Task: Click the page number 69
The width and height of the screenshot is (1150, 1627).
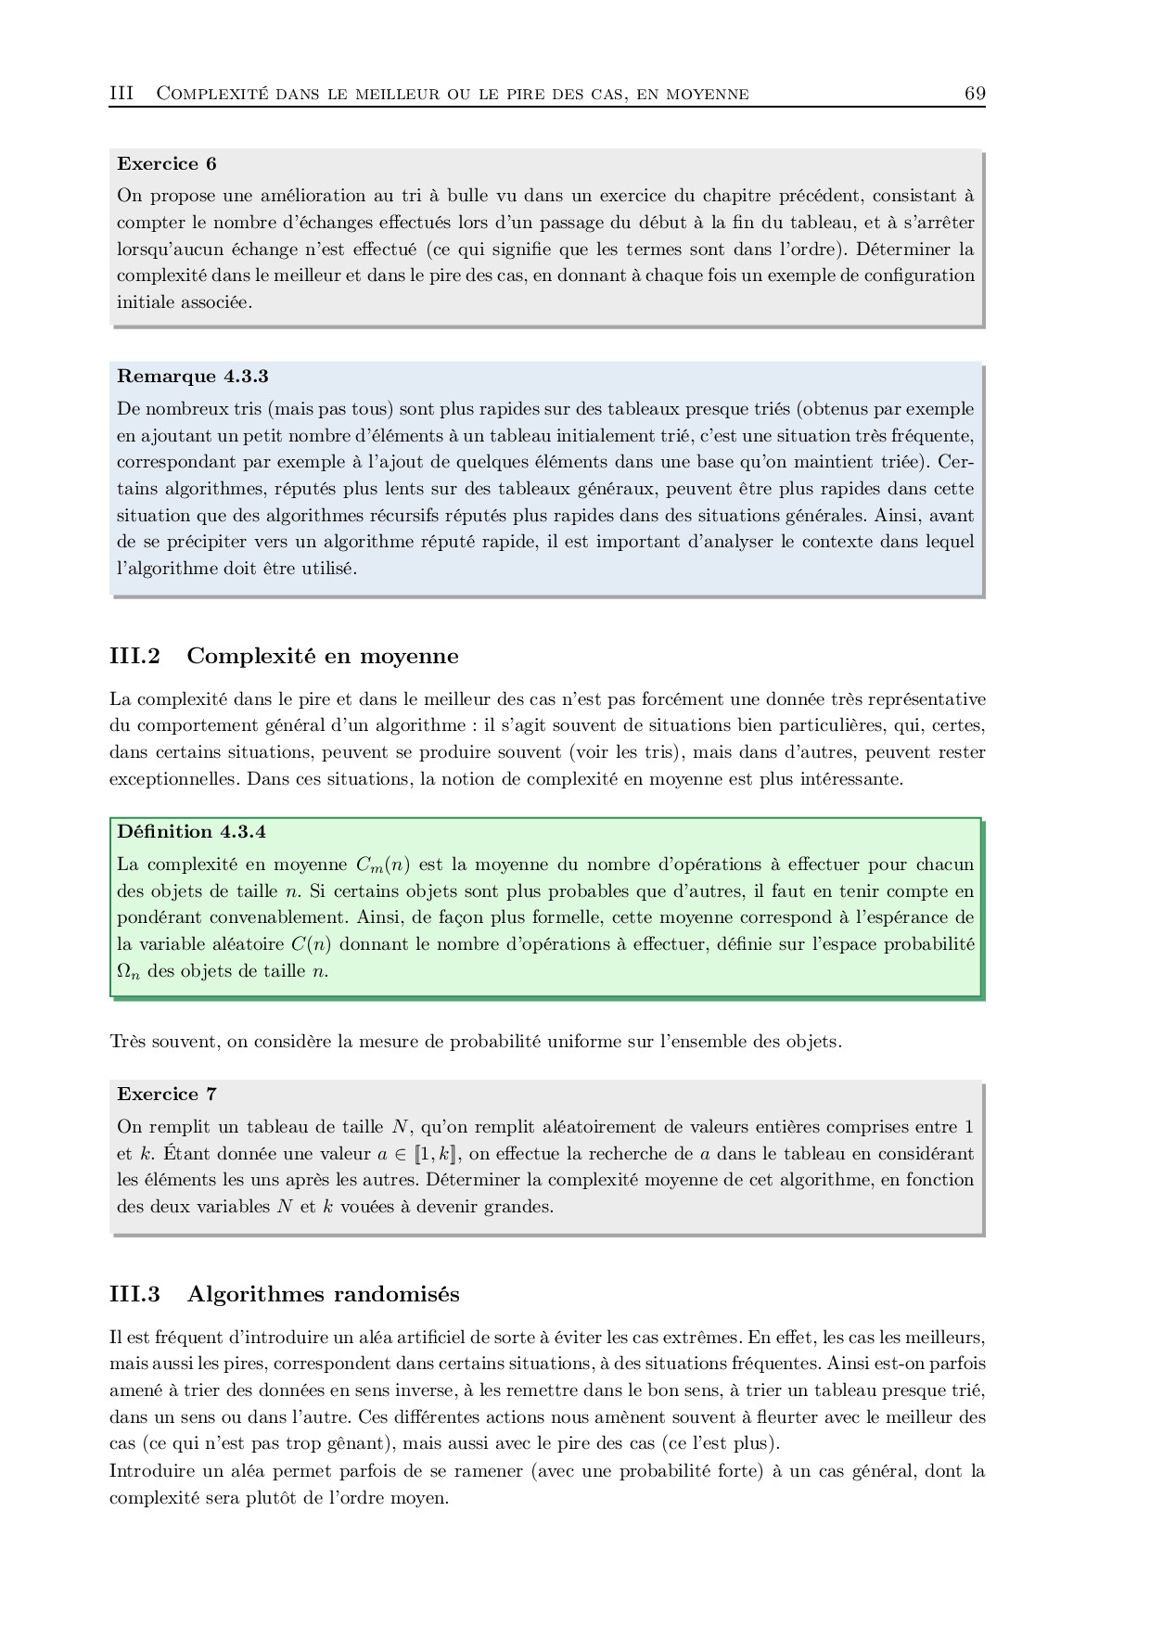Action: click(975, 93)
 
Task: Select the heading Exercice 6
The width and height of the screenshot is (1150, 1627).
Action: click(167, 164)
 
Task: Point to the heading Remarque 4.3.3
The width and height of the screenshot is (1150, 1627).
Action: click(193, 377)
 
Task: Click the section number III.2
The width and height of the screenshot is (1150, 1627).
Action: click(134, 657)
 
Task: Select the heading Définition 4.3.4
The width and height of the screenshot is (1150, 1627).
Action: click(192, 832)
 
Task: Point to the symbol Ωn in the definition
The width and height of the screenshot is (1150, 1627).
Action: click(129, 972)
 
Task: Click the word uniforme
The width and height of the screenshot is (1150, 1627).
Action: click(583, 1042)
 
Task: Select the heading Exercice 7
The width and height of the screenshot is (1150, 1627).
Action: click(167, 1095)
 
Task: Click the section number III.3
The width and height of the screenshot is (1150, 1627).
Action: click(134, 1295)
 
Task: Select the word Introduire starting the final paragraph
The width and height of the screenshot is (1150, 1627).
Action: click(151, 1471)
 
